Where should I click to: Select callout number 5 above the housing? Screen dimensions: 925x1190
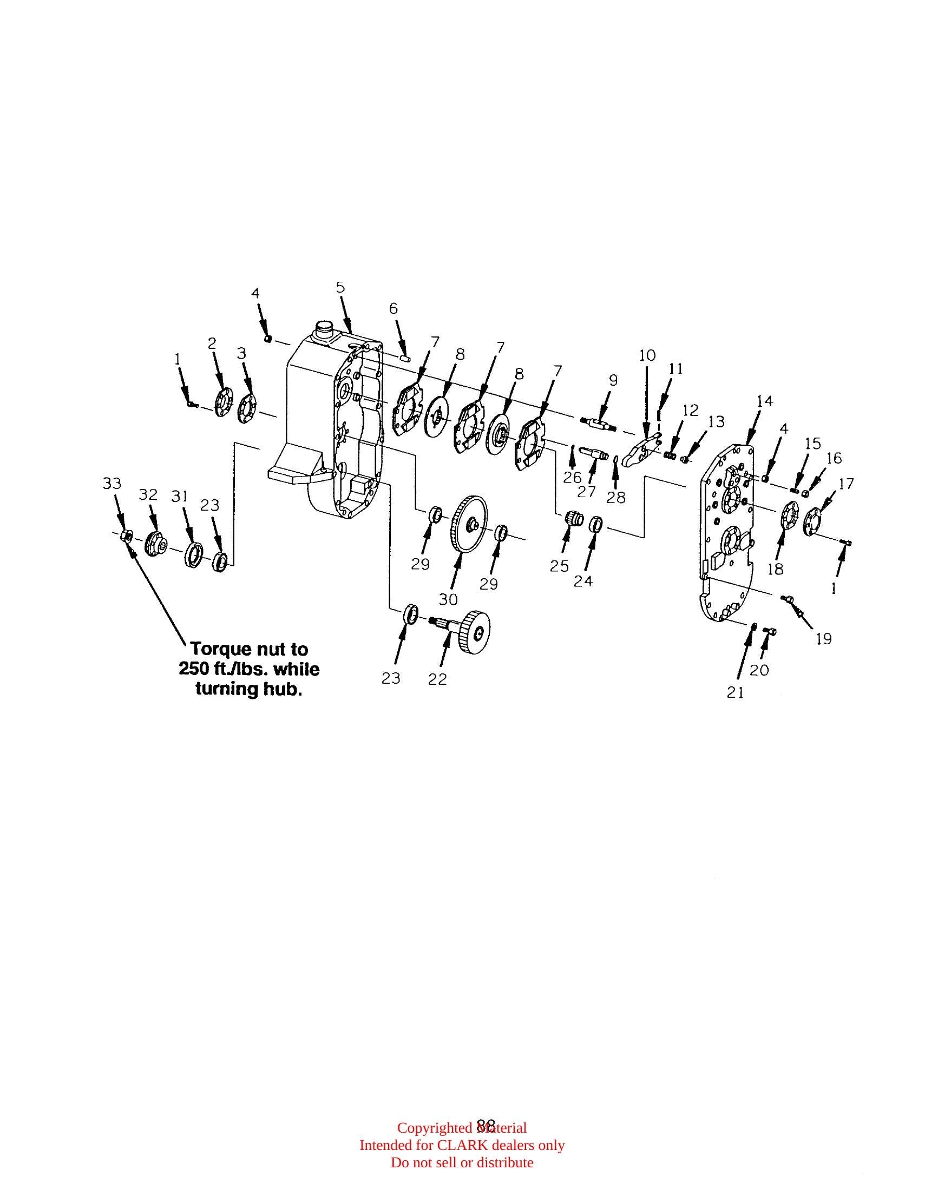click(x=340, y=287)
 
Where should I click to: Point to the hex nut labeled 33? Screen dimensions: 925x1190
click(x=124, y=535)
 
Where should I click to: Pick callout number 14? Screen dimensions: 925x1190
click(x=765, y=401)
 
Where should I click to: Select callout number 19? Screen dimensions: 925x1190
click(x=824, y=639)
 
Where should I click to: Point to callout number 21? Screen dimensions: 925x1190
click(x=736, y=692)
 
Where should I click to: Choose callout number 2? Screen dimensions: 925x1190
click(x=212, y=343)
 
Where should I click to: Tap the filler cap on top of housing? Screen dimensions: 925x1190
click(x=324, y=329)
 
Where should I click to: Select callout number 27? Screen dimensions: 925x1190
click(x=587, y=492)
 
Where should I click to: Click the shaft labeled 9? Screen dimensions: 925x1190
click(x=597, y=422)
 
